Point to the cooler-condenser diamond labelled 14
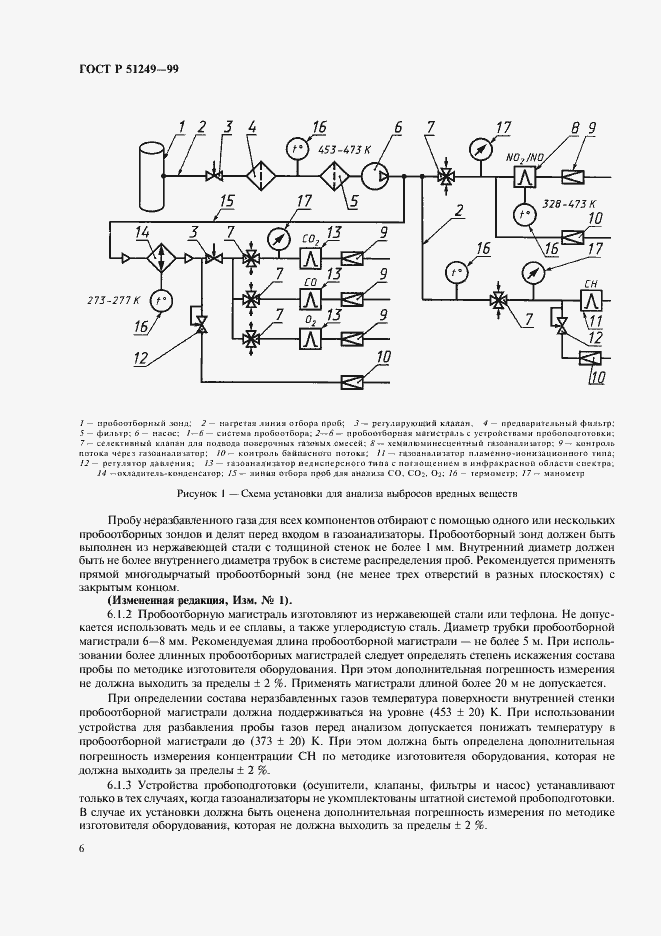click(x=158, y=258)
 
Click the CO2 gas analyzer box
click(x=310, y=258)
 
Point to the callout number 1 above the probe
click(x=183, y=126)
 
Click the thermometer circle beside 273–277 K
click(x=160, y=299)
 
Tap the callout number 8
click(x=575, y=127)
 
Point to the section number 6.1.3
click(x=122, y=783)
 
